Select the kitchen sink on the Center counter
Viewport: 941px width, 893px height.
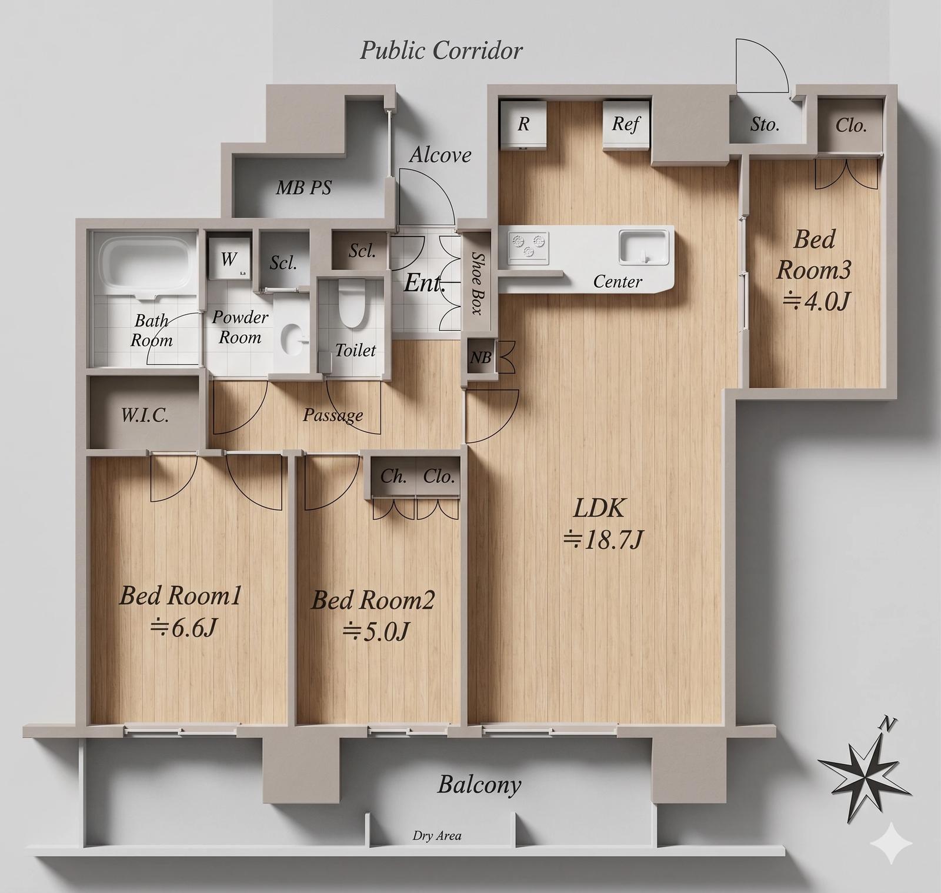click(x=643, y=247)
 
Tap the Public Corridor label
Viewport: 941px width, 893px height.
click(x=441, y=51)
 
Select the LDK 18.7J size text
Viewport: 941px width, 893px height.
click(x=603, y=538)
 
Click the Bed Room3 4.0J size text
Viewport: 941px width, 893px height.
click(x=815, y=302)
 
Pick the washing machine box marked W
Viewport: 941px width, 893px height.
click(x=229, y=258)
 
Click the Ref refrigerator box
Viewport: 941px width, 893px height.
click(x=626, y=125)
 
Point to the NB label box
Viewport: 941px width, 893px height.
click(x=480, y=356)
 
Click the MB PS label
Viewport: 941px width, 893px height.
click(x=304, y=188)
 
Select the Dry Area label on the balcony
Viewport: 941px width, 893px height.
click(x=437, y=835)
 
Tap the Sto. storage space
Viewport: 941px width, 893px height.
click(x=765, y=124)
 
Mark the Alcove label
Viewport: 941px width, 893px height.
click(x=441, y=155)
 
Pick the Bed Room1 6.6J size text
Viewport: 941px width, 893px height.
click(x=184, y=628)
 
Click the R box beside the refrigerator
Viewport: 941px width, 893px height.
click(x=523, y=124)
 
